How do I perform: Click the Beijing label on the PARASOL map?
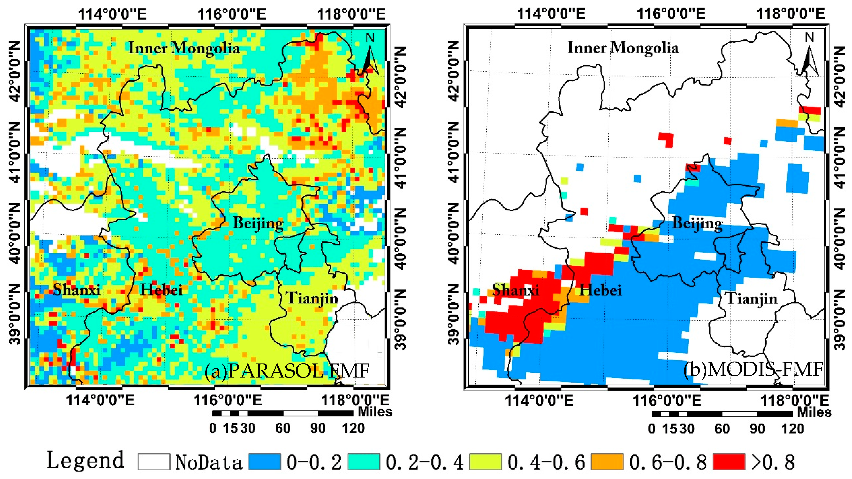point(258,223)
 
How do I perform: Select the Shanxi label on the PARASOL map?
point(76,290)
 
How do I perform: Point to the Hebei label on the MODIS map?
point(600,290)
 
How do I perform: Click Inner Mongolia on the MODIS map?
point(623,48)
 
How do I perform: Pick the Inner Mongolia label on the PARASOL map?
point(183,48)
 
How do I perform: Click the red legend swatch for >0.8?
point(729,462)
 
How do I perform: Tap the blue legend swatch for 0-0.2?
point(264,462)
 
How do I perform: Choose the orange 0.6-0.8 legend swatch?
point(607,462)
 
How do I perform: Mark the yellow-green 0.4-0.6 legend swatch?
point(485,462)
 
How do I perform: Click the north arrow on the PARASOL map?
point(370,56)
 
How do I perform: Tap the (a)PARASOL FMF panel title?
point(287,371)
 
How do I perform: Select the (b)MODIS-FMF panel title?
point(753,370)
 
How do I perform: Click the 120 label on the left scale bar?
point(353,428)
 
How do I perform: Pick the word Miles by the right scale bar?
point(814,412)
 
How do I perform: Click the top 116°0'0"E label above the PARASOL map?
point(232,14)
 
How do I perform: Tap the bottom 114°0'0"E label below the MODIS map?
point(539,401)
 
